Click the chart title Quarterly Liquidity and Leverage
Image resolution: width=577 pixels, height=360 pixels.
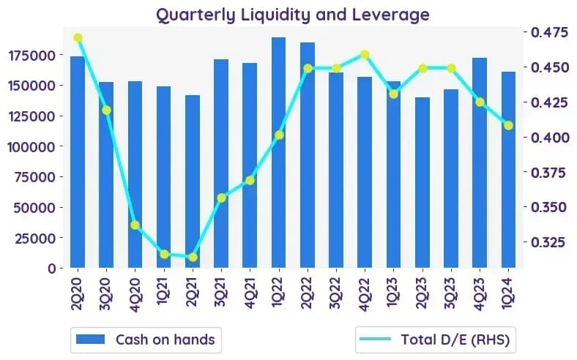pos(293,15)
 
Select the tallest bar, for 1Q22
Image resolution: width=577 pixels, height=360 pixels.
pos(278,152)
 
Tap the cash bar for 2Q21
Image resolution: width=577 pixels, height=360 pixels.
pos(193,181)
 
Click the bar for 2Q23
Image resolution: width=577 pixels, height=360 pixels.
pos(422,182)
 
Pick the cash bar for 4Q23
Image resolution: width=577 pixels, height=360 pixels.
pos(480,162)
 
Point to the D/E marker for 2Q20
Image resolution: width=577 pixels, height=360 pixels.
pos(78,38)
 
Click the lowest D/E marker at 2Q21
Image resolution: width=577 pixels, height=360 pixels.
pos(193,257)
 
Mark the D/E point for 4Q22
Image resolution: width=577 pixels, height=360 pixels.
pos(365,55)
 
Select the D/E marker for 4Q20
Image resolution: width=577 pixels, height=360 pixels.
pos(135,225)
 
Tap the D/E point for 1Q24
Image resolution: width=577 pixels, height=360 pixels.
pos(509,126)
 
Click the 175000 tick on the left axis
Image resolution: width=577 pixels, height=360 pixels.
pos(33,56)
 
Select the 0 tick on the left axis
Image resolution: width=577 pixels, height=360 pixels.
pos(53,269)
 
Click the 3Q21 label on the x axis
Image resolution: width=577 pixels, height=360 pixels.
pos(221,293)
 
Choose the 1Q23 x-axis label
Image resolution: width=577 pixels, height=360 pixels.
pos(394,293)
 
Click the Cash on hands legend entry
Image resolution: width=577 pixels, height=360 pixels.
pos(146,340)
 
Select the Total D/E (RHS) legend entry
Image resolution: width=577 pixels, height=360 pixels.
pos(436,340)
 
